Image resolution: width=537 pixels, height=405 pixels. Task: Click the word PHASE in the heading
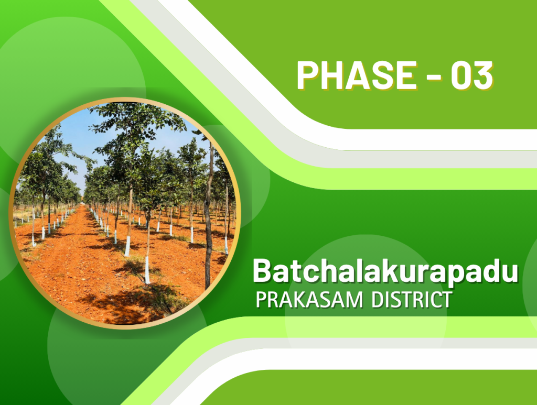(357, 75)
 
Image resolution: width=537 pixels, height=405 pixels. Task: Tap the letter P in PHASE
(308, 75)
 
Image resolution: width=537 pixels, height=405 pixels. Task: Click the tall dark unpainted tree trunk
(208, 219)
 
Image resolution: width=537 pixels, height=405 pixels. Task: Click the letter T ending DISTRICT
(446, 300)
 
